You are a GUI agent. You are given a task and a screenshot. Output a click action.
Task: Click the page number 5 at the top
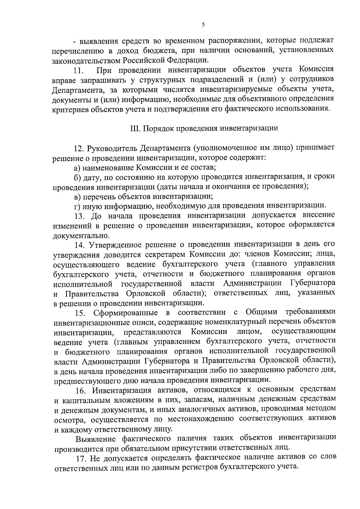(x=203, y=25)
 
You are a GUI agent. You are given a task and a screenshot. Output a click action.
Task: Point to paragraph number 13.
(x=79, y=216)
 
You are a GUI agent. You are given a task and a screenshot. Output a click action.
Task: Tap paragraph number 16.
(x=80, y=390)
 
